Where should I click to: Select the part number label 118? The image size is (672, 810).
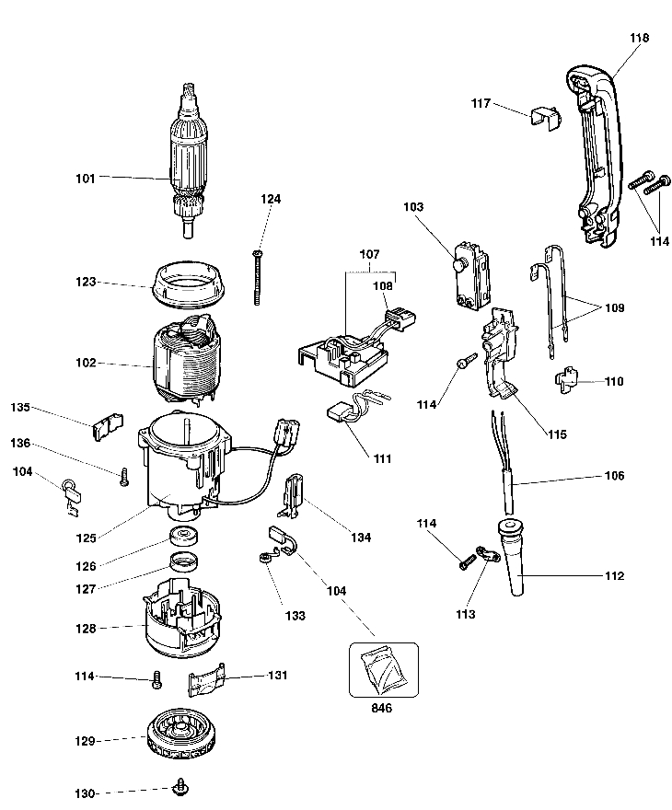640,38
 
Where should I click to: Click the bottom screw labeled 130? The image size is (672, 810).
180,786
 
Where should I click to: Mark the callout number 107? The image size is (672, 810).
369,252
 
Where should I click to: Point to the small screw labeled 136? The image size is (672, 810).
122,475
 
